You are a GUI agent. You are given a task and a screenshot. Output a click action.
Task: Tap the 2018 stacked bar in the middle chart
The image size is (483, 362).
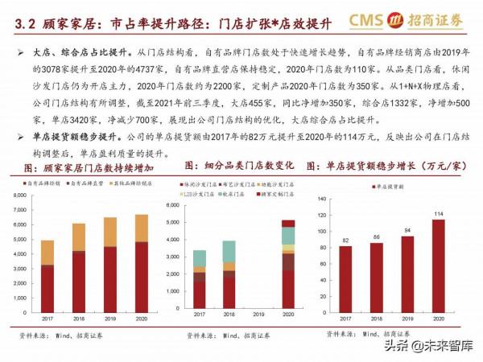tap(229, 274)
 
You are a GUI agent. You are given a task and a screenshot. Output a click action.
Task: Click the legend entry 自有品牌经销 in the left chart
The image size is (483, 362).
tap(39, 184)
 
